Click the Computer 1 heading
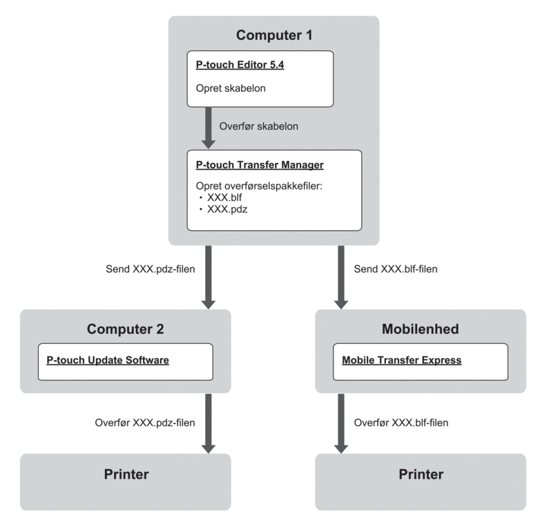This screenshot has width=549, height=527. coord(273,35)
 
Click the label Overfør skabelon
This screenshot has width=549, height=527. coord(258,127)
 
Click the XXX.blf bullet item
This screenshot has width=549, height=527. coord(226,197)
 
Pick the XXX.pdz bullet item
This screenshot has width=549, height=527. coord(227,208)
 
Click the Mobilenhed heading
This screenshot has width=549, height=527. coord(420,329)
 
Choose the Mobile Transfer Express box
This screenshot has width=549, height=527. coord(420,361)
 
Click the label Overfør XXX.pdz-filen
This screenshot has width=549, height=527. coord(144,422)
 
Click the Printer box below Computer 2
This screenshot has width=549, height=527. coord(125,481)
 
